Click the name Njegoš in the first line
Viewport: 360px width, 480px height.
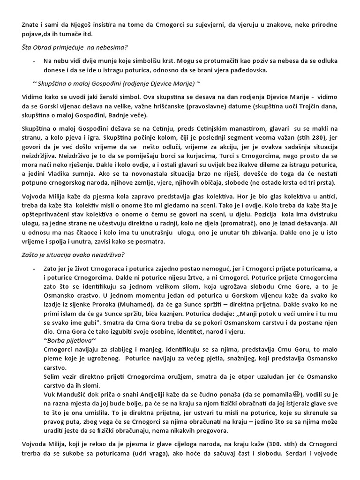pyautogui.click(x=79, y=24)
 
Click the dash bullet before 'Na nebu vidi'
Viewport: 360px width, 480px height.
pyautogui.click(x=34, y=61)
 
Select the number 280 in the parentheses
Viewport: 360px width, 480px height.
pyautogui.click(x=310, y=137)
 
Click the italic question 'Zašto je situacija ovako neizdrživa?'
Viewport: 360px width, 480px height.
pyautogui.click(x=73, y=255)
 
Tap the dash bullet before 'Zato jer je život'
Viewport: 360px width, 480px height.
pyautogui.click(x=34, y=269)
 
